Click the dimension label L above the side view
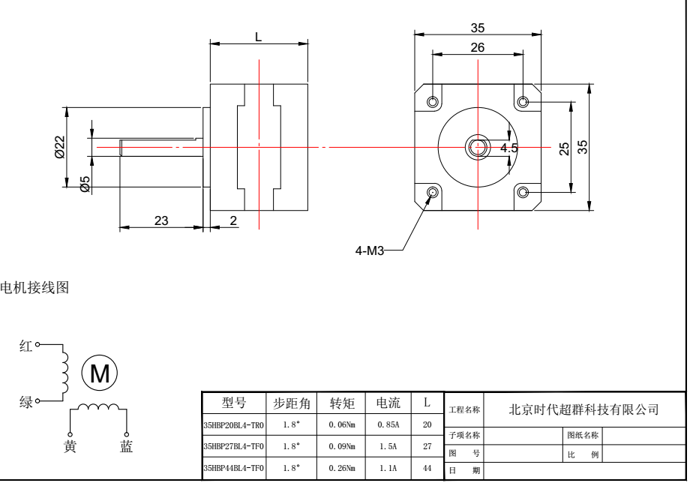coord(258,37)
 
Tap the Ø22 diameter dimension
coord(61,146)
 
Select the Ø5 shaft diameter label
coord(85,183)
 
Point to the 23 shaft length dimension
coord(161,220)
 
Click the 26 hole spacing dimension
coord(477,48)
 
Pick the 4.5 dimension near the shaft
coord(509,148)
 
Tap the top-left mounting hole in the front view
coord(433,101)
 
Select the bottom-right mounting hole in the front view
coord(523,193)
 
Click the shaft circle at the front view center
coord(477,147)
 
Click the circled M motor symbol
coord(99,372)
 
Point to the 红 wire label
coord(26,346)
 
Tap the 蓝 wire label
coord(126,447)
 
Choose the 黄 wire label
coord(69,447)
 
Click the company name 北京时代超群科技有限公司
coord(583,409)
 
